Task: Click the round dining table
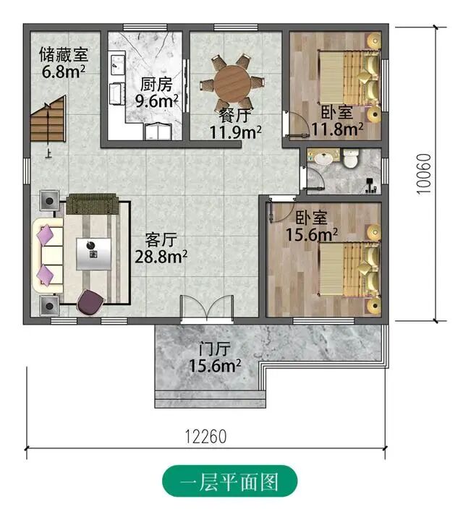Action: [231, 82]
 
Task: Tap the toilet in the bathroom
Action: [351, 158]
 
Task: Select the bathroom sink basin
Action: [323, 158]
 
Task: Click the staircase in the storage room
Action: [48, 119]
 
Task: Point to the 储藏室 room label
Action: [64, 54]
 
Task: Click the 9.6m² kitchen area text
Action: [157, 101]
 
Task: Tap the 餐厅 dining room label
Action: [235, 116]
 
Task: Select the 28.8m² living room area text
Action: [161, 257]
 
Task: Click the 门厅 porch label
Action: [215, 349]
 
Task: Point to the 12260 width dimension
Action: [205, 437]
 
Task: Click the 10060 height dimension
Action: [424, 174]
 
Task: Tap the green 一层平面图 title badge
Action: [230, 482]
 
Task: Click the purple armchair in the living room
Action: [90, 302]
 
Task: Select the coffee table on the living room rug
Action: [93, 254]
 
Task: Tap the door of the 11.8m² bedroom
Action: [296, 124]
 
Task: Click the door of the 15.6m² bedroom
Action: [281, 210]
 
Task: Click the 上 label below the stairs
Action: [48, 154]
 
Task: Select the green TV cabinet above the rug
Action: [93, 204]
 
